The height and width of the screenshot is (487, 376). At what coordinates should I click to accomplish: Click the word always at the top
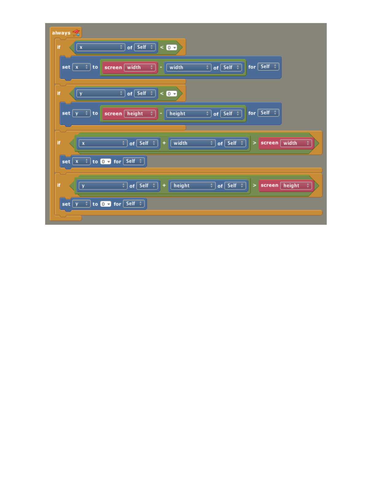[x=61, y=33]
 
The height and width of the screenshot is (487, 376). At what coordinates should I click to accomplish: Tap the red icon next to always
[x=76, y=33]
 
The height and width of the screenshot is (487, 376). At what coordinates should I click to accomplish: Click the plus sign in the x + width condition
[x=164, y=143]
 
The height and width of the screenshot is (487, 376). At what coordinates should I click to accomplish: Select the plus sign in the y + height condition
[x=164, y=185]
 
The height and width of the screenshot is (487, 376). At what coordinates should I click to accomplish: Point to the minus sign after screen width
[x=161, y=67]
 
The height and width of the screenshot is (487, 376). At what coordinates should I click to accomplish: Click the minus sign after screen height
[x=161, y=113]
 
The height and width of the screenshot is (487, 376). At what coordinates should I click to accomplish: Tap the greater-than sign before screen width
[x=254, y=143]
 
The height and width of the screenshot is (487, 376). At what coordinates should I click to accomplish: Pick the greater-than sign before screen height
[x=254, y=185]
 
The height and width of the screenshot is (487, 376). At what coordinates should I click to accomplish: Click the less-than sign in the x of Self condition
[x=162, y=47]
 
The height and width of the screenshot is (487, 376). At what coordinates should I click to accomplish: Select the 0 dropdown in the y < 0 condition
[x=171, y=94]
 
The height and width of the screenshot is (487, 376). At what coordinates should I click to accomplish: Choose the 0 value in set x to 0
[x=105, y=161]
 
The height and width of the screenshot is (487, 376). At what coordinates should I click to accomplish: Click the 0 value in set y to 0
[x=105, y=204]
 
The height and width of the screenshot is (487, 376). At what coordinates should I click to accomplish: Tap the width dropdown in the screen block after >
[x=296, y=143]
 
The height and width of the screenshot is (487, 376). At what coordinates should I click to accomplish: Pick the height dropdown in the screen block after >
[x=296, y=185]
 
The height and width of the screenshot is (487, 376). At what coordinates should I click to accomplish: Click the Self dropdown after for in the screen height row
[x=268, y=113]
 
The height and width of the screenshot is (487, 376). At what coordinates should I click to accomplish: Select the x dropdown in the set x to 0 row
[x=81, y=161]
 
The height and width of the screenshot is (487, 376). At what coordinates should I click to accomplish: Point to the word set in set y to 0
[x=66, y=204]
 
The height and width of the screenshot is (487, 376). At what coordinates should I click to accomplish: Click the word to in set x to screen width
[x=95, y=67]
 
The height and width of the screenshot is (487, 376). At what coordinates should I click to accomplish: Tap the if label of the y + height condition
[x=59, y=185]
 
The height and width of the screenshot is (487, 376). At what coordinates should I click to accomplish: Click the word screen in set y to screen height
[x=113, y=113]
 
